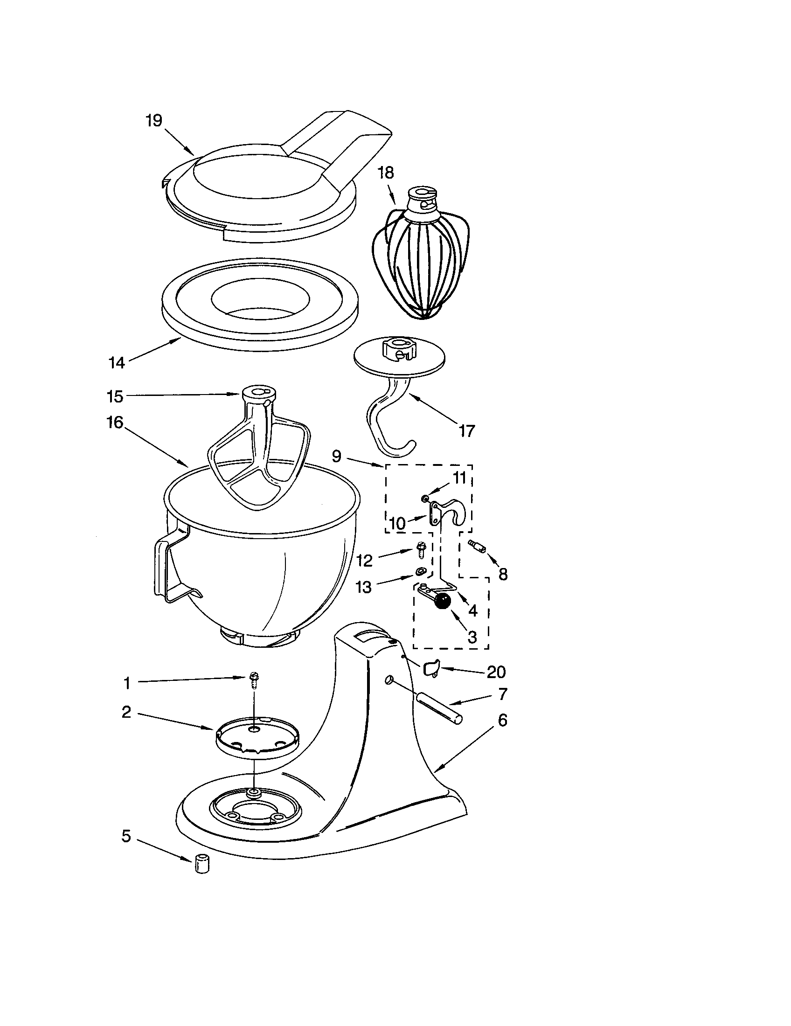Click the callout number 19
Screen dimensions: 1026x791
(153, 121)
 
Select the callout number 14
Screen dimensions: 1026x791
(117, 363)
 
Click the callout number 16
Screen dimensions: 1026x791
(115, 423)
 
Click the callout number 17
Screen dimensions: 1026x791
(466, 430)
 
